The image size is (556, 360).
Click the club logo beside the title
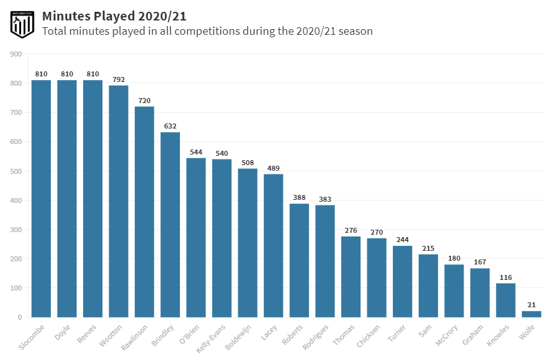point(22,24)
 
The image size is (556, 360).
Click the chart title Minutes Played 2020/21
point(114,16)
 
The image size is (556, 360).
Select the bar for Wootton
point(119,201)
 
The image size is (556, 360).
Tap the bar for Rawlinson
point(145,212)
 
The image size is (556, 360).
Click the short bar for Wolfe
point(531,314)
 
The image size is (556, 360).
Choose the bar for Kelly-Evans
point(222,238)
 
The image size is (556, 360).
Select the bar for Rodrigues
point(325,261)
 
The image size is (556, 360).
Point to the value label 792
point(119,79)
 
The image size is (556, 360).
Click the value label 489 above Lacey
point(273,168)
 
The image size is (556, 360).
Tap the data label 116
point(505,277)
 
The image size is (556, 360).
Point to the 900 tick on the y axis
point(16,54)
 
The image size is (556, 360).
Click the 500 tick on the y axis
point(16,171)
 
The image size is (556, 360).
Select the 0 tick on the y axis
point(20,317)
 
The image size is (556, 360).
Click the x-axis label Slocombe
point(31,336)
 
